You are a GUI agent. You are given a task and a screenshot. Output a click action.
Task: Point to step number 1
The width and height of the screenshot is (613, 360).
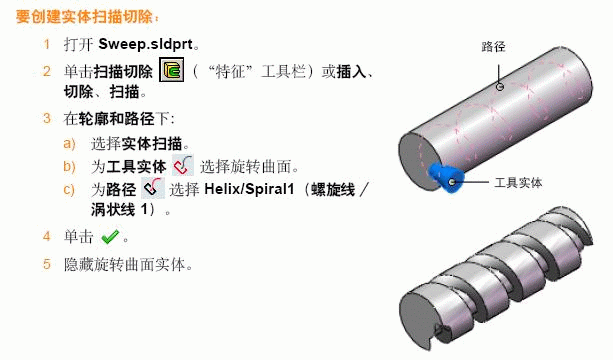[x=46, y=46]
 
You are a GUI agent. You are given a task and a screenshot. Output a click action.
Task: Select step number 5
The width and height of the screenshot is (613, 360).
[x=46, y=264]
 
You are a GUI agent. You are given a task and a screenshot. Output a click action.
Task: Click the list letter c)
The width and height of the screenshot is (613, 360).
[x=69, y=188]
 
